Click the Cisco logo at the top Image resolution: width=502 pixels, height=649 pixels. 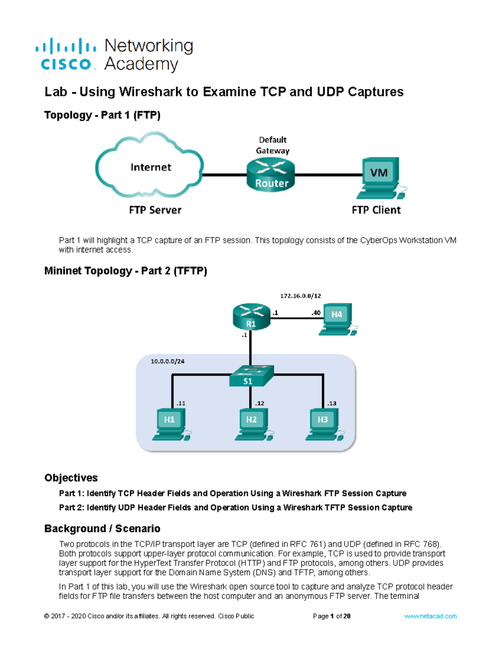(66, 54)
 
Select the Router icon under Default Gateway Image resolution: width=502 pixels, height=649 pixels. (271, 176)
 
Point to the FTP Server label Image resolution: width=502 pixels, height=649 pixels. (155, 210)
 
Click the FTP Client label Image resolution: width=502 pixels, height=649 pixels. (376, 210)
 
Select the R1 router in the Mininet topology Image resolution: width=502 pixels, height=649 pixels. (251, 317)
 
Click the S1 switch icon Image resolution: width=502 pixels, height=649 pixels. (251, 376)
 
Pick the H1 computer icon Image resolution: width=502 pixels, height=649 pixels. (169, 424)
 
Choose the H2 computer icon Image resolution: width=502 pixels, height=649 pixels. (252, 424)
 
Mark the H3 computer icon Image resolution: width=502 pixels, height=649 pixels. (323, 424)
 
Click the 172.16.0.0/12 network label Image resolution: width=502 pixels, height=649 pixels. (300, 296)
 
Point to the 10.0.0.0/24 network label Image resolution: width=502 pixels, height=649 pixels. (167, 361)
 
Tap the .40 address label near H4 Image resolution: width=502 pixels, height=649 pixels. (316, 313)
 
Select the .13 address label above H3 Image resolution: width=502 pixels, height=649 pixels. (331, 403)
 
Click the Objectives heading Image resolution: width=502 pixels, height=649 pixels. (71, 478)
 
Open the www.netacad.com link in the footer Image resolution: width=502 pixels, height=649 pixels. (430, 616)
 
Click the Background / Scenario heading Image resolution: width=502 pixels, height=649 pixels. (102, 529)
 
